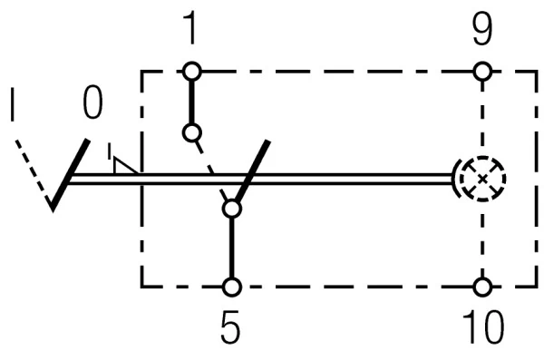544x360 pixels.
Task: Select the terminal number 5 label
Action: (232, 328)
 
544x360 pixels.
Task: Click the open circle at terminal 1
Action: (190, 71)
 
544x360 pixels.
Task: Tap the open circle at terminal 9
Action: (483, 71)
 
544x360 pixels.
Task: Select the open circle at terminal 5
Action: (232, 287)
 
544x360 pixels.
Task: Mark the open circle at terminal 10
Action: (483, 287)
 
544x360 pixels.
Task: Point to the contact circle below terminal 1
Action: (190, 132)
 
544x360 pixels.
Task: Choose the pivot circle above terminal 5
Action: (232, 209)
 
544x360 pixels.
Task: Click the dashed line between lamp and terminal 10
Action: (483, 240)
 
